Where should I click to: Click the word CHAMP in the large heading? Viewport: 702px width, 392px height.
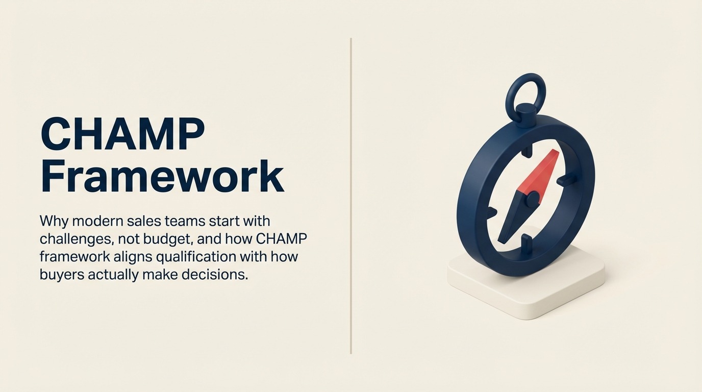(x=122, y=134)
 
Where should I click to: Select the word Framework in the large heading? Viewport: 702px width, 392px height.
(x=162, y=176)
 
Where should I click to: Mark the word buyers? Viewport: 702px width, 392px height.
(x=62, y=274)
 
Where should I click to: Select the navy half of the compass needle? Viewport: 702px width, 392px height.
(x=513, y=219)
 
